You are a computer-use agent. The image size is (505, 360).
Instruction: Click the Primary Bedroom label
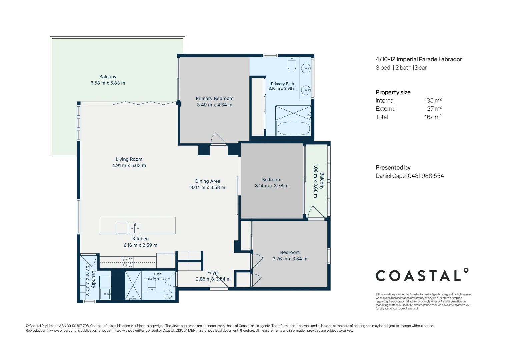[214, 99]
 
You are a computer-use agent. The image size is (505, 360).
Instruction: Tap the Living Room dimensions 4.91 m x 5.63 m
[129, 165]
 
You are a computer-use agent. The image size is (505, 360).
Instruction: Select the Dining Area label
[208, 181]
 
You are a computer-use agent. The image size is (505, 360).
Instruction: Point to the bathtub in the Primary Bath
[293, 128]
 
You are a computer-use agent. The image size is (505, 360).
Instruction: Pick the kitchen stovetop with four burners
[128, 262]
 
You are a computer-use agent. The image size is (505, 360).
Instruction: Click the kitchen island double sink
[135, 228]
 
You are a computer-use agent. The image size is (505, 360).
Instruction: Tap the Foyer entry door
[219, 285]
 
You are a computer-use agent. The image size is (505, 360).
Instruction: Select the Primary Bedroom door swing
[218, 138]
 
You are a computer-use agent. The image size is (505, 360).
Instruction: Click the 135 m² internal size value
[433, 101]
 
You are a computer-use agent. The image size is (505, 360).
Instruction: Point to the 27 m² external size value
[434, 109]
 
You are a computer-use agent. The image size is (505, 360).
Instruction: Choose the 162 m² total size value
[433, 117]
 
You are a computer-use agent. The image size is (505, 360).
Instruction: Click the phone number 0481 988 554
[426, 176]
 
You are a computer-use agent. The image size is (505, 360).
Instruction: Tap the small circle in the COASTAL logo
[466, 271]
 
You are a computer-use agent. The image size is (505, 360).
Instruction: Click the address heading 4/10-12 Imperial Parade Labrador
[419, 59]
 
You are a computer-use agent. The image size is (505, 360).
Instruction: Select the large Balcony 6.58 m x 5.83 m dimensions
[108, 83]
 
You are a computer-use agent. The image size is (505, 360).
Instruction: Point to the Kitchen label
[140, 239]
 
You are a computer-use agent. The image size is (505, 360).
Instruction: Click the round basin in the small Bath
[167, 294]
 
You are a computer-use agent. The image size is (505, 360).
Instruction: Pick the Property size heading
[393, 92]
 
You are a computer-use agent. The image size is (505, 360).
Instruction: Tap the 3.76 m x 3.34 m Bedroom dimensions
[290, 259]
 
